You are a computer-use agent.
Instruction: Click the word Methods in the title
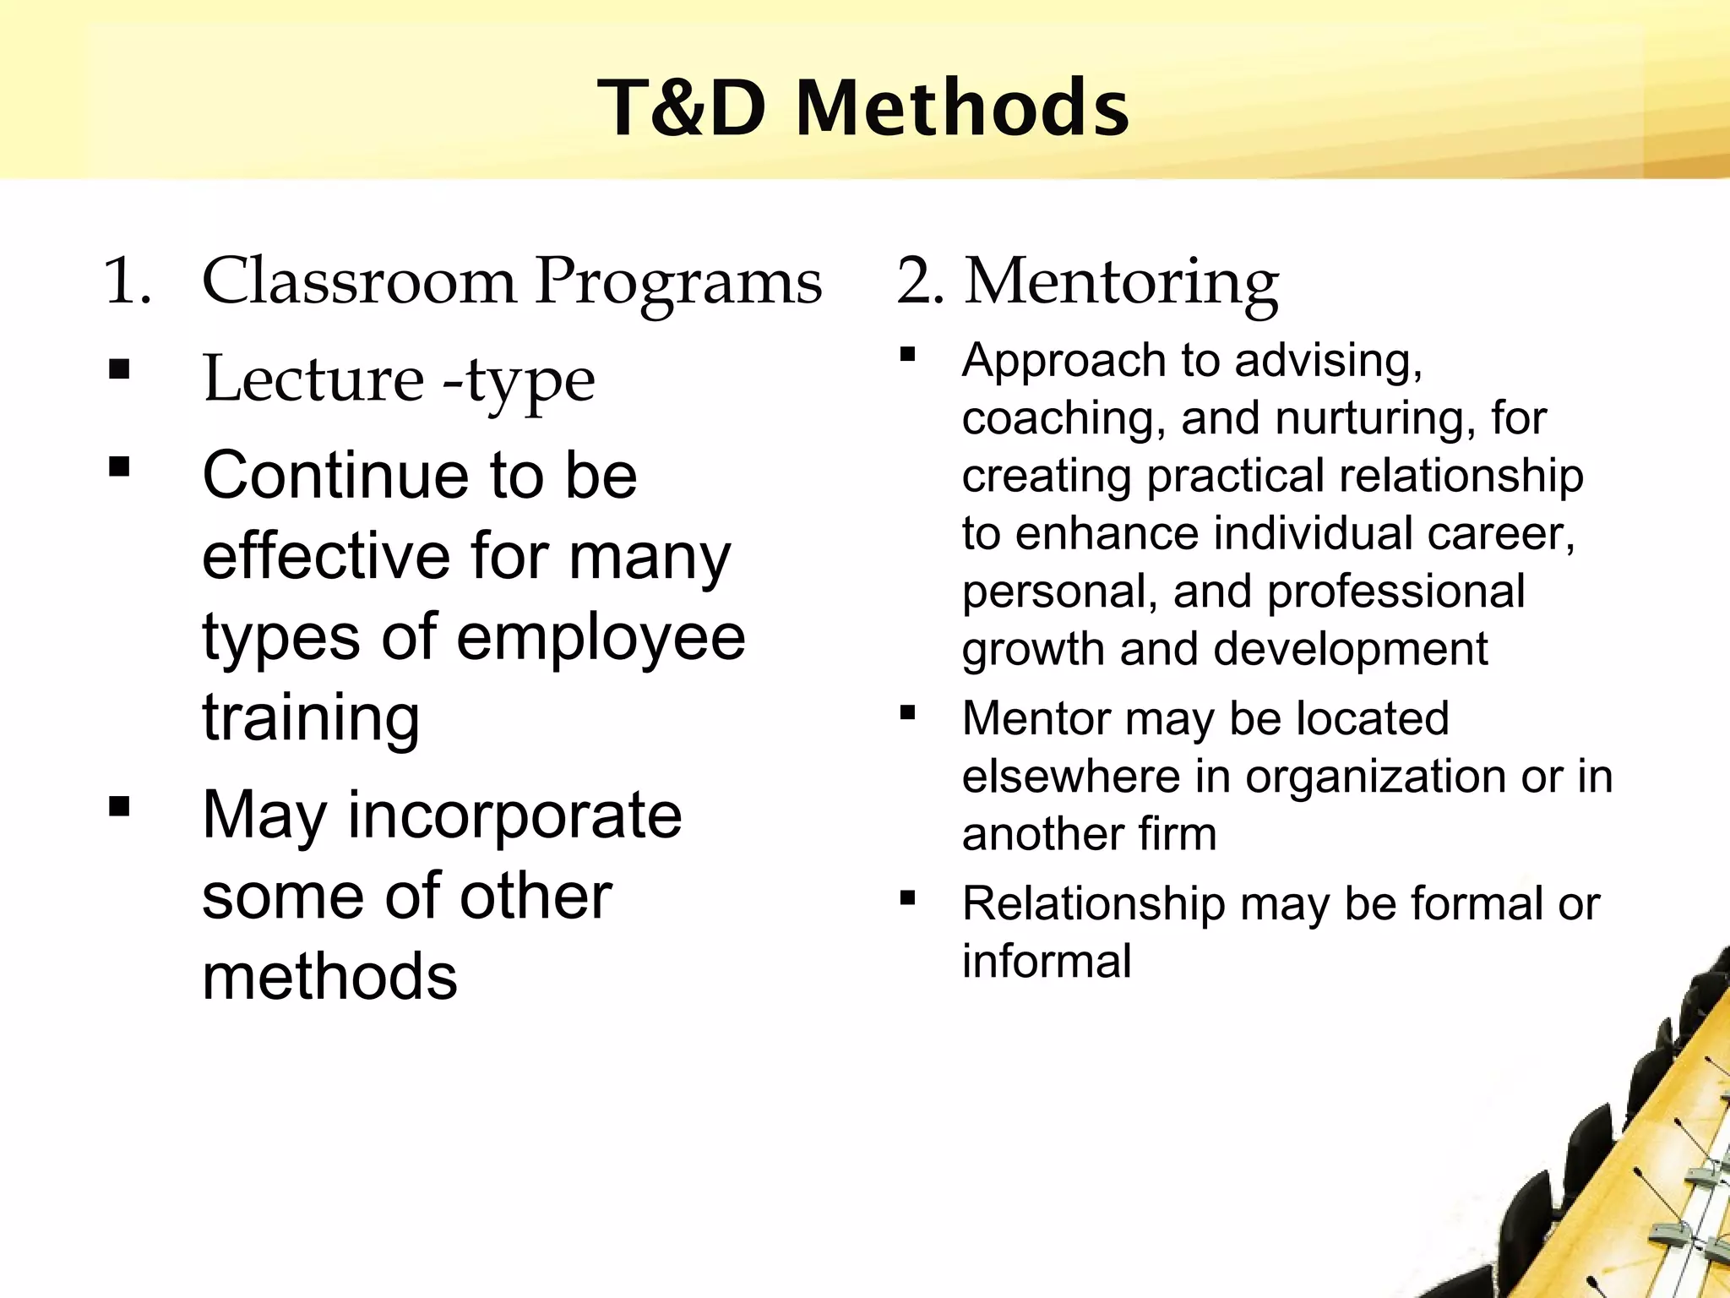point(962,108)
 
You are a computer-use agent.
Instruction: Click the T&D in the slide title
point(683,108)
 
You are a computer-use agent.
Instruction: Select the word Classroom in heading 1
point(358,281)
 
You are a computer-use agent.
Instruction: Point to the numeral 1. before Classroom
point(127,281)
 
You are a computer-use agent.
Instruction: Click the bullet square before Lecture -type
point(119,369)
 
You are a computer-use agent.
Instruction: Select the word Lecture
point(313,379)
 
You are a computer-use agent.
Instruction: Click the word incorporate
point(514,815)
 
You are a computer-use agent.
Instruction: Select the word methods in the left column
point(329,977)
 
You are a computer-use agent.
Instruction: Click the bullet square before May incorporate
point(119,806)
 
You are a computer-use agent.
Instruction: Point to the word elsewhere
point(1070,777)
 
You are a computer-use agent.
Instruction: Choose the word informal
point(1047,962)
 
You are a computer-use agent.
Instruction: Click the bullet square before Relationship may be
point(908,897)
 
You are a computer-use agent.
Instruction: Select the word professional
point(1395,591)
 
